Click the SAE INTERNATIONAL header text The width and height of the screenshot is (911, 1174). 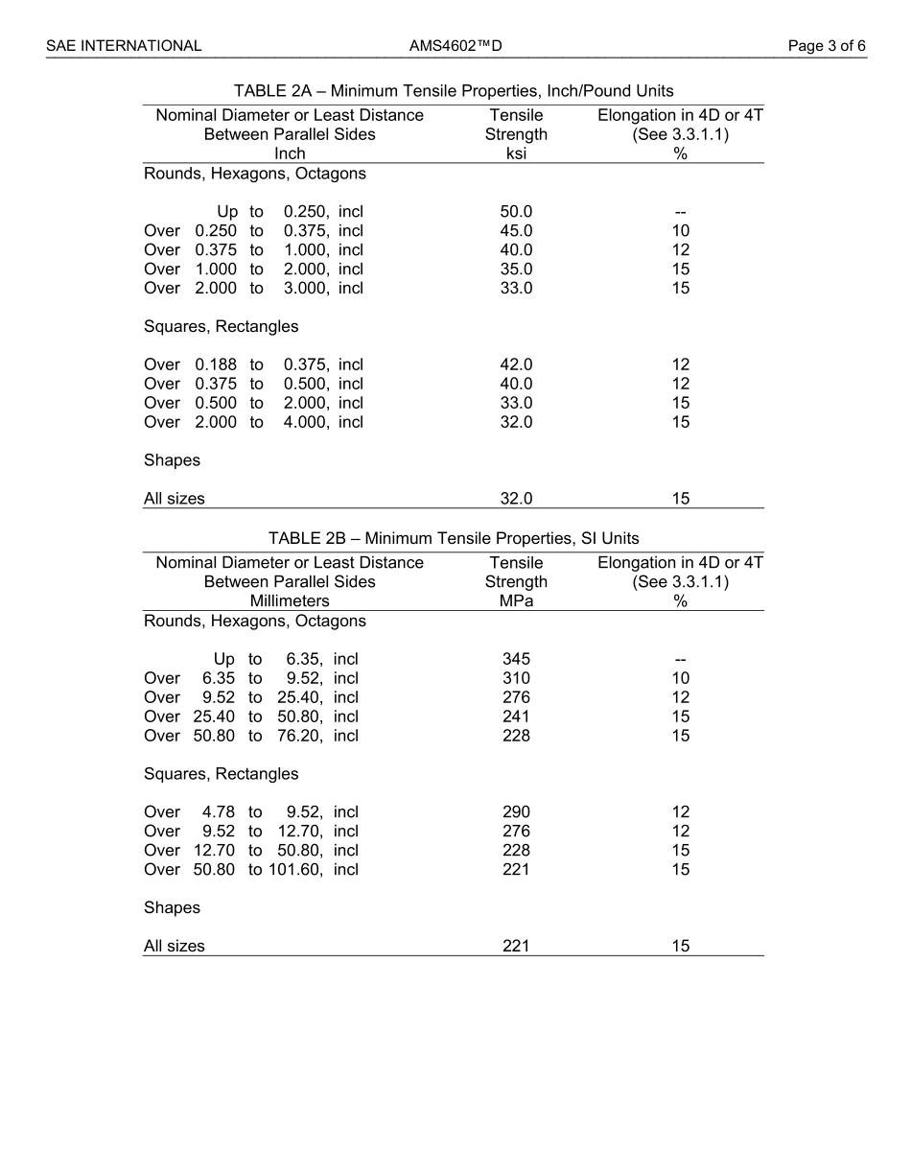coord(124,45)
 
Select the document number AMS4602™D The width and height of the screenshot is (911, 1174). coord(455,45)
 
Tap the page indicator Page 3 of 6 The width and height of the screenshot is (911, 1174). coord(827,45)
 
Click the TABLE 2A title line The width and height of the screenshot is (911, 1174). coord(454,91)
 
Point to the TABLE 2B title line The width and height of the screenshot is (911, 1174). coord(454,538)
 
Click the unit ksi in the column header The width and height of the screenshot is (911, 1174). coord(516,153)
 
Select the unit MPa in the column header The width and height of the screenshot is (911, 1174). coord(516,601)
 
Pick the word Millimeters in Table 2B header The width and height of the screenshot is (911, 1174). coord(290,601)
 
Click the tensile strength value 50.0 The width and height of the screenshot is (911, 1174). coord(516,211)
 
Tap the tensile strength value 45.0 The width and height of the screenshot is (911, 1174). coord(516,230)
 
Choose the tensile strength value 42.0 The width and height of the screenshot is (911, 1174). coord(516,364)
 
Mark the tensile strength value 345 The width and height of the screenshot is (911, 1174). coord(516,659)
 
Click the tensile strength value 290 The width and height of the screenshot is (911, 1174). coord(516,812)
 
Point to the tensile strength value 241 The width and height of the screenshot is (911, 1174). coord(516,716)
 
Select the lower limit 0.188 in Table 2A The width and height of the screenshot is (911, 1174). coord(216,364)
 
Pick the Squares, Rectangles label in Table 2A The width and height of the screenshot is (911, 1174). coord(221,326)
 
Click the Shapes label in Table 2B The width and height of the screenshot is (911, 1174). coord(172,907)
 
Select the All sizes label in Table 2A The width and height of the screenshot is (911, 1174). coord(174,499)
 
